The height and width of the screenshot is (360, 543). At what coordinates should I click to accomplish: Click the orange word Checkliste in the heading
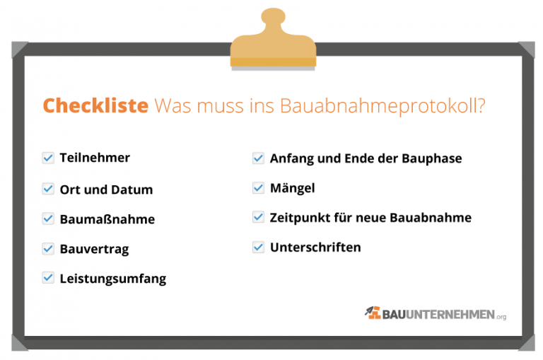pos(95,106)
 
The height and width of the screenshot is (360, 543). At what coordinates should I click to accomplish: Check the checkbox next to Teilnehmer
pos(48,158)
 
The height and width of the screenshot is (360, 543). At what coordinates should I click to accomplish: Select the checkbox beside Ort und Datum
pos(48,189)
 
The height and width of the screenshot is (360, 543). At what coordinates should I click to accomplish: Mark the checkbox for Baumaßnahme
pos(48,219)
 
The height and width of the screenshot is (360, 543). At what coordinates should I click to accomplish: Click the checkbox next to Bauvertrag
pos(48,249)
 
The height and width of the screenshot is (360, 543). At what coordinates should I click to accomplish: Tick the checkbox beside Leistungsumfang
pos(48,278)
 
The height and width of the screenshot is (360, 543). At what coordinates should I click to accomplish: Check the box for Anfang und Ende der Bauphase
pos(258,158)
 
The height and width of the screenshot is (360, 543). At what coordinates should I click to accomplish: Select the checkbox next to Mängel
pos(258,188)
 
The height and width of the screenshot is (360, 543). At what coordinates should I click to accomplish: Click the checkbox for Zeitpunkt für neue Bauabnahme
pos(258,217)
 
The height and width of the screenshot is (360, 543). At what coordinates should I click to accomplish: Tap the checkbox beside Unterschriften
pos(258,248)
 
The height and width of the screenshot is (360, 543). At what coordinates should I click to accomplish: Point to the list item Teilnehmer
pos(95,158)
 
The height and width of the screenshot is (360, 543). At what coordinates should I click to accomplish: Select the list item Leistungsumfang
pos(113,279)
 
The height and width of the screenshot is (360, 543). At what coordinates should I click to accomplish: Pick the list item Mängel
pos(292,188)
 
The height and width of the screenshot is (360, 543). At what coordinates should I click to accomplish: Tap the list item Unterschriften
pos(315,248)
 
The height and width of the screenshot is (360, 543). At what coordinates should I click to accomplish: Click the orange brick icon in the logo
pos(373,312)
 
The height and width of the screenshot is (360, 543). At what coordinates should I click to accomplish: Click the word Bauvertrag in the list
pos(94,250)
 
